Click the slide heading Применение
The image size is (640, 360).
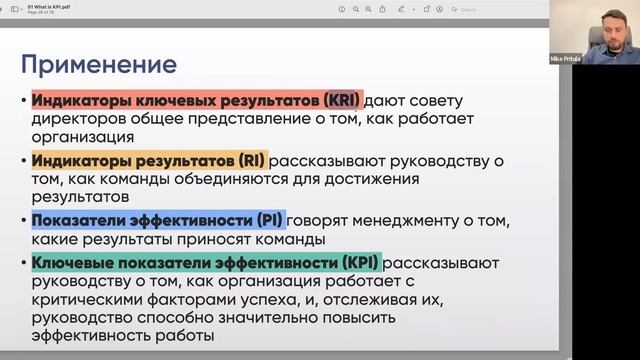(99, 66)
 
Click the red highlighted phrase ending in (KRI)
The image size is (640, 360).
(196, 101)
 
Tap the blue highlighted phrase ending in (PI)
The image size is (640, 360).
(158, 220)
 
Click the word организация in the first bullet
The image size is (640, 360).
(81, 137)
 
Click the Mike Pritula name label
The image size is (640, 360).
(564, 59)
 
